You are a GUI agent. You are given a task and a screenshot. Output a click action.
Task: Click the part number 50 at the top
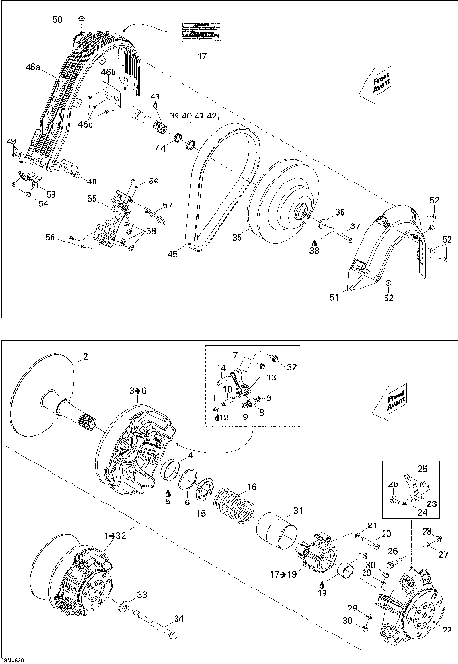click(x=56, y=19)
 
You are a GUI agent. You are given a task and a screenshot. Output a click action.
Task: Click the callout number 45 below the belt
click(x=173, y=254)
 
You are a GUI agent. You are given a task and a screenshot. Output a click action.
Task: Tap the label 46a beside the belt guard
click(x=33, y=68)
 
